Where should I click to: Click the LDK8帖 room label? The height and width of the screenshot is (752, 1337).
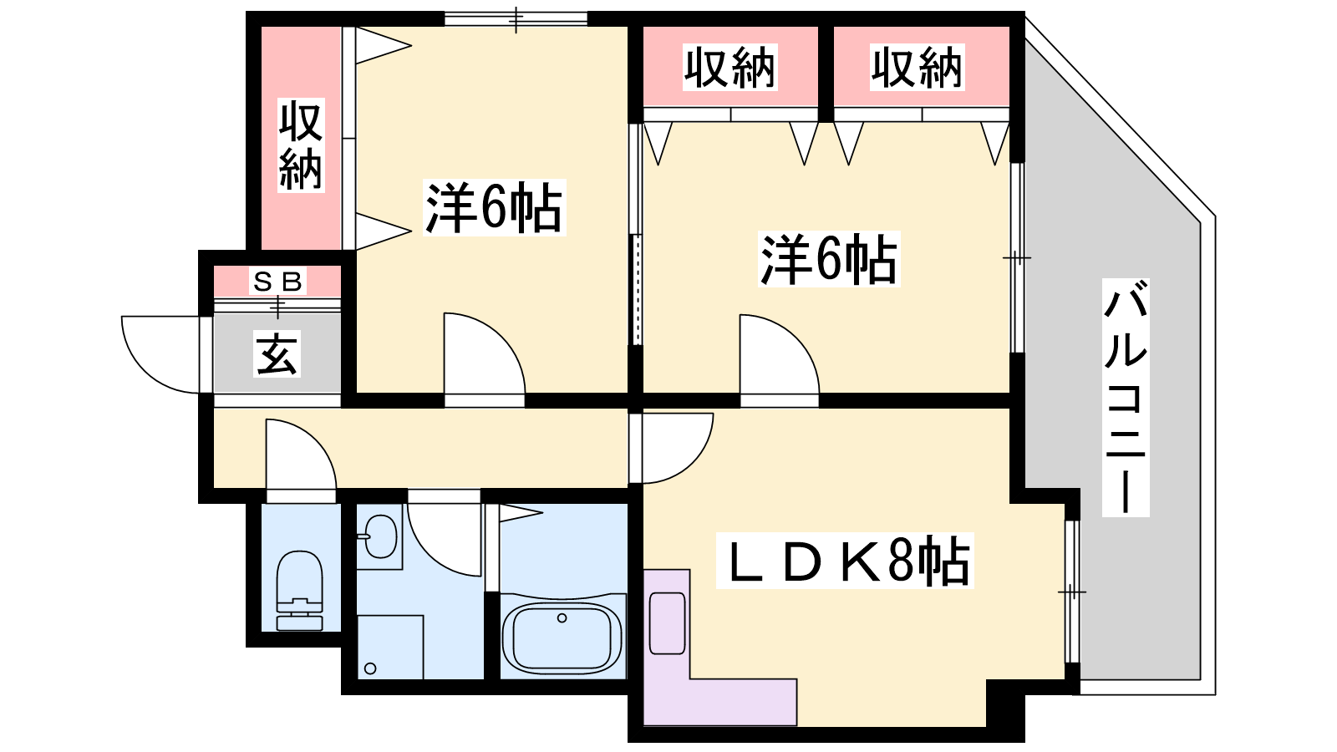click(845, 561)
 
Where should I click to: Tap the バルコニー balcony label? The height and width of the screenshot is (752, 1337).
click(1125, 398)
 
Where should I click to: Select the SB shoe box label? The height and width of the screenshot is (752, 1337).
click(277, 281)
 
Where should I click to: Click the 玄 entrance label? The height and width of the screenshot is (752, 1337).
click(277, 353)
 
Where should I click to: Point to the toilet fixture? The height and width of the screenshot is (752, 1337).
click(300, 590)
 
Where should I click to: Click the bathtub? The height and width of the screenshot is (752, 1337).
click(562, 636)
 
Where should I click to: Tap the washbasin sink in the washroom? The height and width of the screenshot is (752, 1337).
click(380, 536)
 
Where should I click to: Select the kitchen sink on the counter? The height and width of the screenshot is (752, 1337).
click(668, 623)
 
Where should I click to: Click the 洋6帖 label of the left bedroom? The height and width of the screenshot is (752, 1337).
click(494, 207)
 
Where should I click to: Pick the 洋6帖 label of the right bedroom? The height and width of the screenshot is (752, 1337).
click(828, 260)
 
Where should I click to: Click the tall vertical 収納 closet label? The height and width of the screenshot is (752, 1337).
click(301, 145)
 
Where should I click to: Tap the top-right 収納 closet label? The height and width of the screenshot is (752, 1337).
click(917, 68)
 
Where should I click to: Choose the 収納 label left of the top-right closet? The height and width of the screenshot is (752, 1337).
click(730, 68)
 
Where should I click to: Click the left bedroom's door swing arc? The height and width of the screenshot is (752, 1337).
click(501, 337)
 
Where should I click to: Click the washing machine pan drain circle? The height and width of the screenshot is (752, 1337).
click(370, 668)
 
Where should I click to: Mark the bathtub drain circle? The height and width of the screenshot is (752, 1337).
click(562, 618)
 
